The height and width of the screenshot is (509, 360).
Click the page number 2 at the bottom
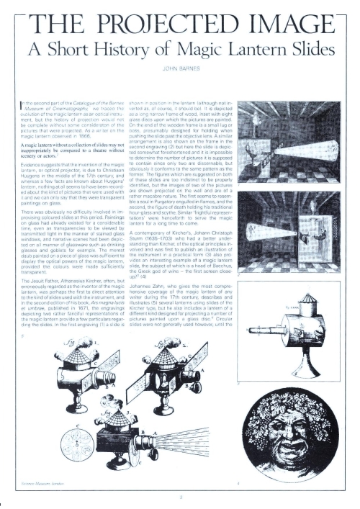click(179, 496)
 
